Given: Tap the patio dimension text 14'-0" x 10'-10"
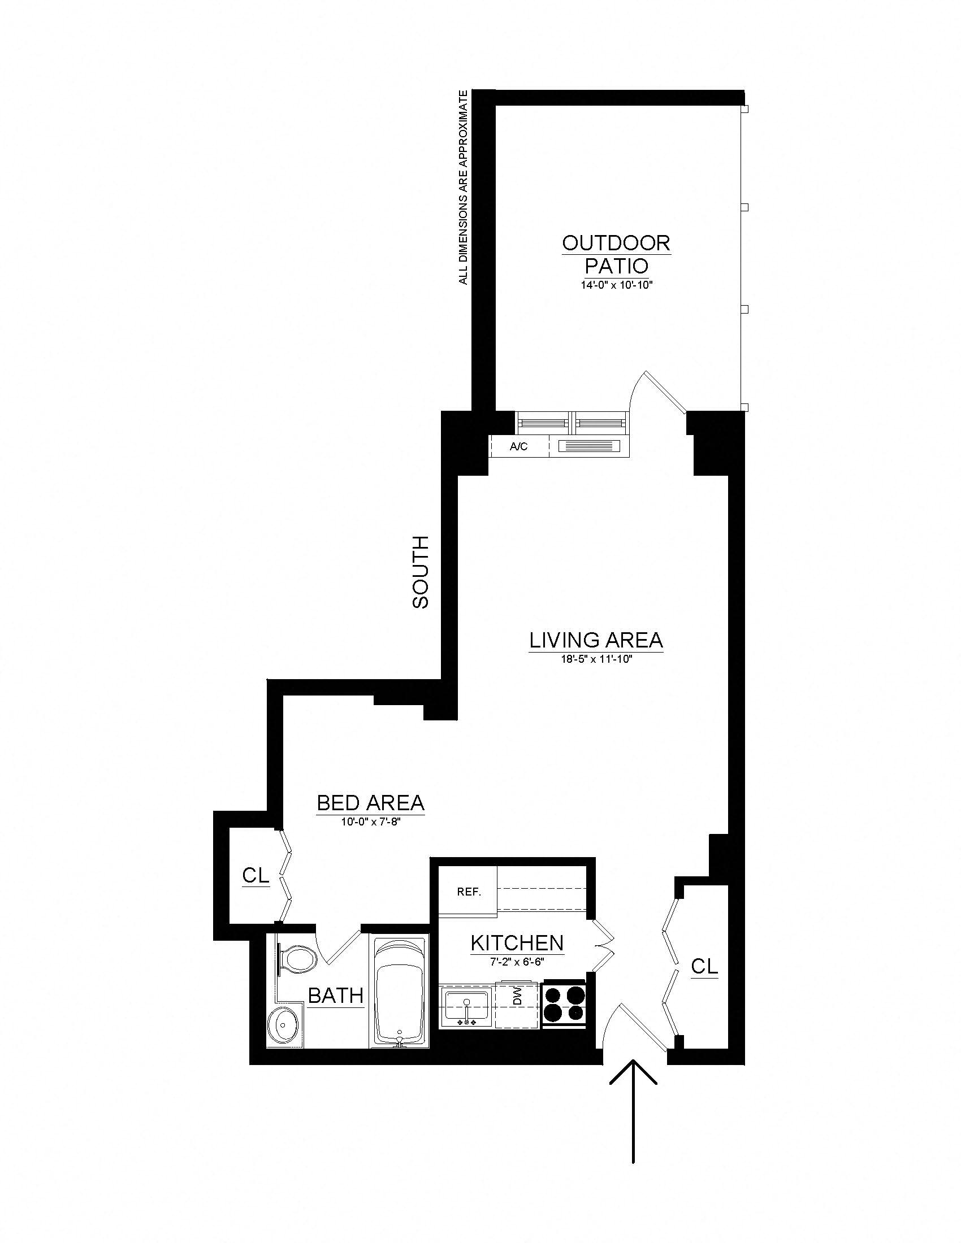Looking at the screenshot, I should tap(616, 285).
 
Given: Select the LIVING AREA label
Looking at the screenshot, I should tap(596, 640).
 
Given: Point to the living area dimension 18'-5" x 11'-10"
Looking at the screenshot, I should tap(596, 659).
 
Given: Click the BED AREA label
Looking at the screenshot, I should tap(371, 803).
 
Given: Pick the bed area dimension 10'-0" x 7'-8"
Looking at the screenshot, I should tap(371, 822).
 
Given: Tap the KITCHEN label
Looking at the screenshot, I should tap(517, 943).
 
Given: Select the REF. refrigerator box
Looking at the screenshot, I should tap(469, 892).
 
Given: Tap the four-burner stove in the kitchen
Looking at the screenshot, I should tap(564, 1003).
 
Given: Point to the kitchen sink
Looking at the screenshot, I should tap(466, 1006).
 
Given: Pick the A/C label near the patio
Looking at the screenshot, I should tap(518, 447).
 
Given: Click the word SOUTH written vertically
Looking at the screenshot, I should tap(420, 572).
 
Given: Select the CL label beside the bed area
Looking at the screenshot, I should tap(256, 875).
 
